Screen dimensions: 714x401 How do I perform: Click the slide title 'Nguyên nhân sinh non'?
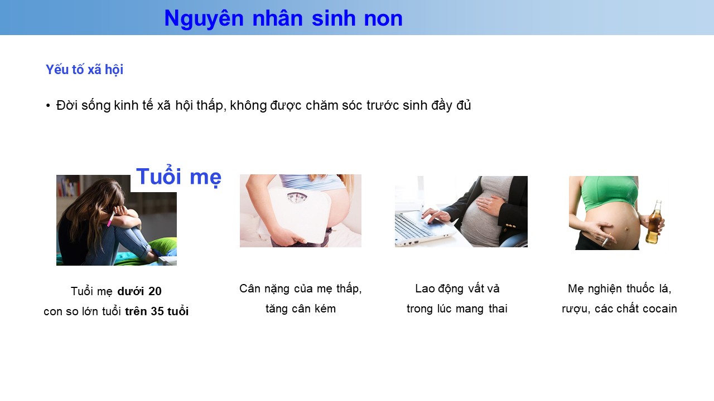[283, 18]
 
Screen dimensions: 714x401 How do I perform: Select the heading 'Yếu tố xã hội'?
[84, 70]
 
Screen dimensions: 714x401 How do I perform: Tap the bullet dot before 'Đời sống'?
[48, 106]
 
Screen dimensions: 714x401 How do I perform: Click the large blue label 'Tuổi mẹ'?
[178, 177]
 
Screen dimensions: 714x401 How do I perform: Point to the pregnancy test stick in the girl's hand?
[111, 219]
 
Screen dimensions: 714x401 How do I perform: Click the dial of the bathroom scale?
[297, 197]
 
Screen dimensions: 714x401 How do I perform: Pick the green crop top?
[609, 192]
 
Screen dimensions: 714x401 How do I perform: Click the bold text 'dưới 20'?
[139, 291]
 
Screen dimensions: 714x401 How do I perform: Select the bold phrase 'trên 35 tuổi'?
[157, 311]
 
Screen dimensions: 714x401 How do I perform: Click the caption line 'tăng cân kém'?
[301, 309]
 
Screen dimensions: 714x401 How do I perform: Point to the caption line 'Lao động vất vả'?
[457, 288]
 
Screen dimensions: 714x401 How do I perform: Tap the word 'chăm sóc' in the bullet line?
[334, 105]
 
